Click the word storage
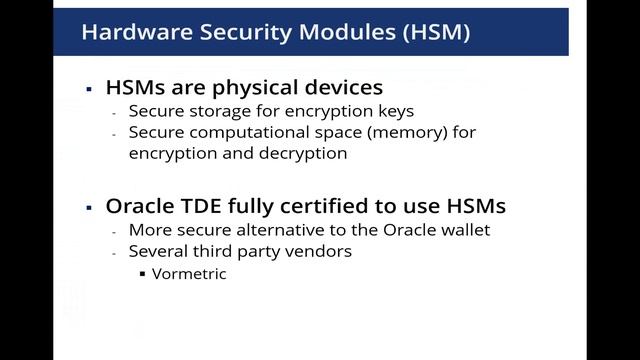tap(214, 111)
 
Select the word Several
tap(158, 251)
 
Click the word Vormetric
tap(189, 273)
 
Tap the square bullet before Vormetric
tap(142, 273)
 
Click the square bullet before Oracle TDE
tap(89, 208)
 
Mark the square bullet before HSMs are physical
tap(89, 89)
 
